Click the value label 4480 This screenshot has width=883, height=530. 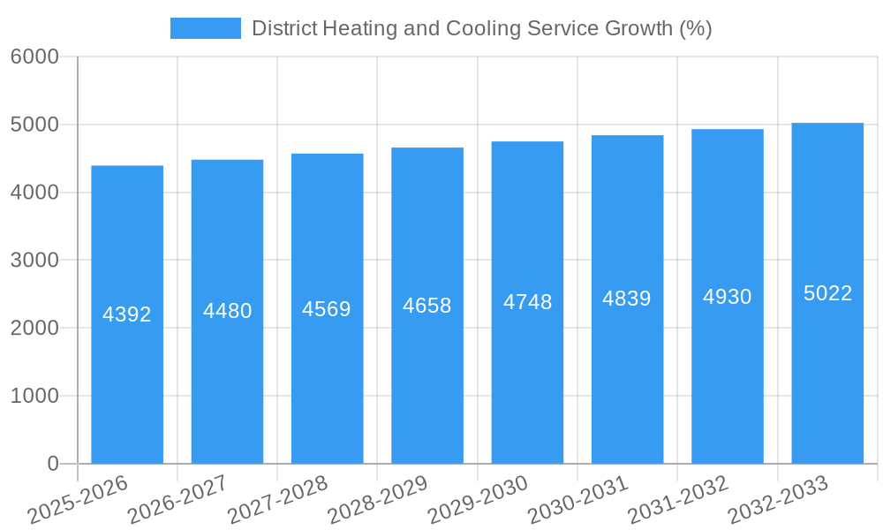228,311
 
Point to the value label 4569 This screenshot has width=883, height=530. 327,309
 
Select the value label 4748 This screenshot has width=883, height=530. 527,302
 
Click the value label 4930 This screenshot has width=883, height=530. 728,297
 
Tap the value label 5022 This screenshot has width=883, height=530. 827,293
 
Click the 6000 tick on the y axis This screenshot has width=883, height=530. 34,57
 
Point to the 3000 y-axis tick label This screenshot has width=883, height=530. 34,261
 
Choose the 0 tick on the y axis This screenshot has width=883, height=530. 52,464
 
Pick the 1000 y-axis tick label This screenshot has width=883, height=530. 34,396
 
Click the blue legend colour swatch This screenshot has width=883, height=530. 205,28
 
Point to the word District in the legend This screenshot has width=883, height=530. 283,28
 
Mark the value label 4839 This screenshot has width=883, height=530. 627,299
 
